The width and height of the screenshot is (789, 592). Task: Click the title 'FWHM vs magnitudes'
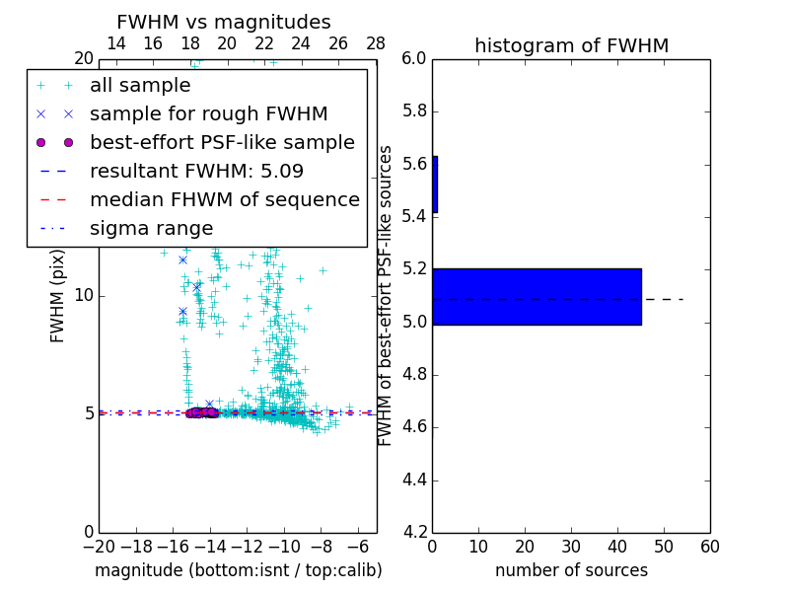224,22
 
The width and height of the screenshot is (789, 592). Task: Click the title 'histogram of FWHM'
571,45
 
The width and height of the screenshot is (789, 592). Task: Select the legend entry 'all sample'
140,86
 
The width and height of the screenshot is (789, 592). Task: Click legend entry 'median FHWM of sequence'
225,199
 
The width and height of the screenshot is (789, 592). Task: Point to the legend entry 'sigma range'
151,228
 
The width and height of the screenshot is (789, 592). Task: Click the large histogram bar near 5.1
537,296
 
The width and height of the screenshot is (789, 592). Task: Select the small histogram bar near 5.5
435,185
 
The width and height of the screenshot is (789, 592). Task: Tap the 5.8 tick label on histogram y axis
413,111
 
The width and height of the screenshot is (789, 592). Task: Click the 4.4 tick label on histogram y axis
413,481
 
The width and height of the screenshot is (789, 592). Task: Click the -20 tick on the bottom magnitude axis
99,546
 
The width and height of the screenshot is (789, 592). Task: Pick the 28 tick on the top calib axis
376,43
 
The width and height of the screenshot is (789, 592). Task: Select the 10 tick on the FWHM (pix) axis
84,296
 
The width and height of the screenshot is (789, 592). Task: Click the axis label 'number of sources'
571,570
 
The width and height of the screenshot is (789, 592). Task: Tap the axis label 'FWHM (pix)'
58,296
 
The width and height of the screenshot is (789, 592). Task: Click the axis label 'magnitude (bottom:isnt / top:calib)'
239,570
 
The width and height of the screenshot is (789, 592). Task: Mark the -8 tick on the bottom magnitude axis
322,546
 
